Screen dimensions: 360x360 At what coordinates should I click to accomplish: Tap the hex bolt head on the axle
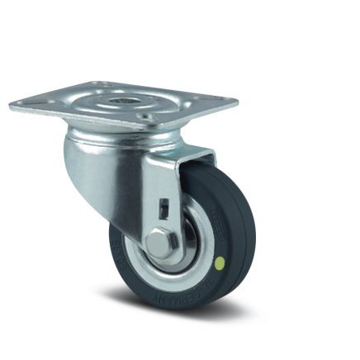[x=159, y=243]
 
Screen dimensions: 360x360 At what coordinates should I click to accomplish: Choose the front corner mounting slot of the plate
[x=148, y=125]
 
